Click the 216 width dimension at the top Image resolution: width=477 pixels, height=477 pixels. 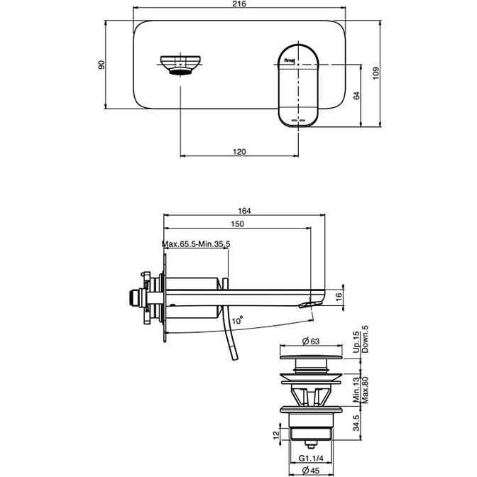239,5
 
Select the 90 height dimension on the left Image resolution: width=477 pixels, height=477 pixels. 102,65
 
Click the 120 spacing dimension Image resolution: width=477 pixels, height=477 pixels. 239,151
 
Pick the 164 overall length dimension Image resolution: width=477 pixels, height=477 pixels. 246,210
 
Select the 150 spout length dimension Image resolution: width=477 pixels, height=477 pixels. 238,224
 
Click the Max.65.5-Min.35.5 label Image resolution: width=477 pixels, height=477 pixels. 196,244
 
